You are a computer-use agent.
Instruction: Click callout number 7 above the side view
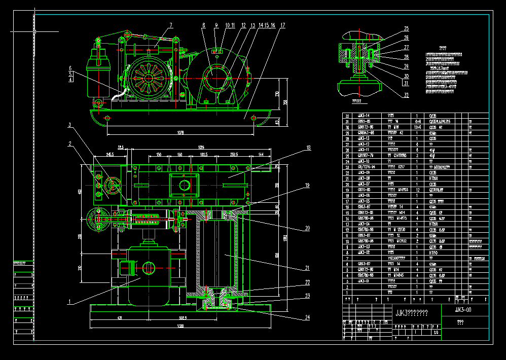(171, 24)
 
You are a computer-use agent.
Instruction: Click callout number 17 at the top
(282, 25)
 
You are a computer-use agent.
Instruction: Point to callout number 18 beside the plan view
(308, 148)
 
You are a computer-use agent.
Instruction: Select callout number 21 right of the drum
(307, 268)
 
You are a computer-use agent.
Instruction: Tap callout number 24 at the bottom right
(307, 318)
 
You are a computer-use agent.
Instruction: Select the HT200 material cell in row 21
(433, 178)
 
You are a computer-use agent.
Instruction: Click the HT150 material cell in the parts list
(433, 252)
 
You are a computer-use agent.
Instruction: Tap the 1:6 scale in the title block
(437, 333)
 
